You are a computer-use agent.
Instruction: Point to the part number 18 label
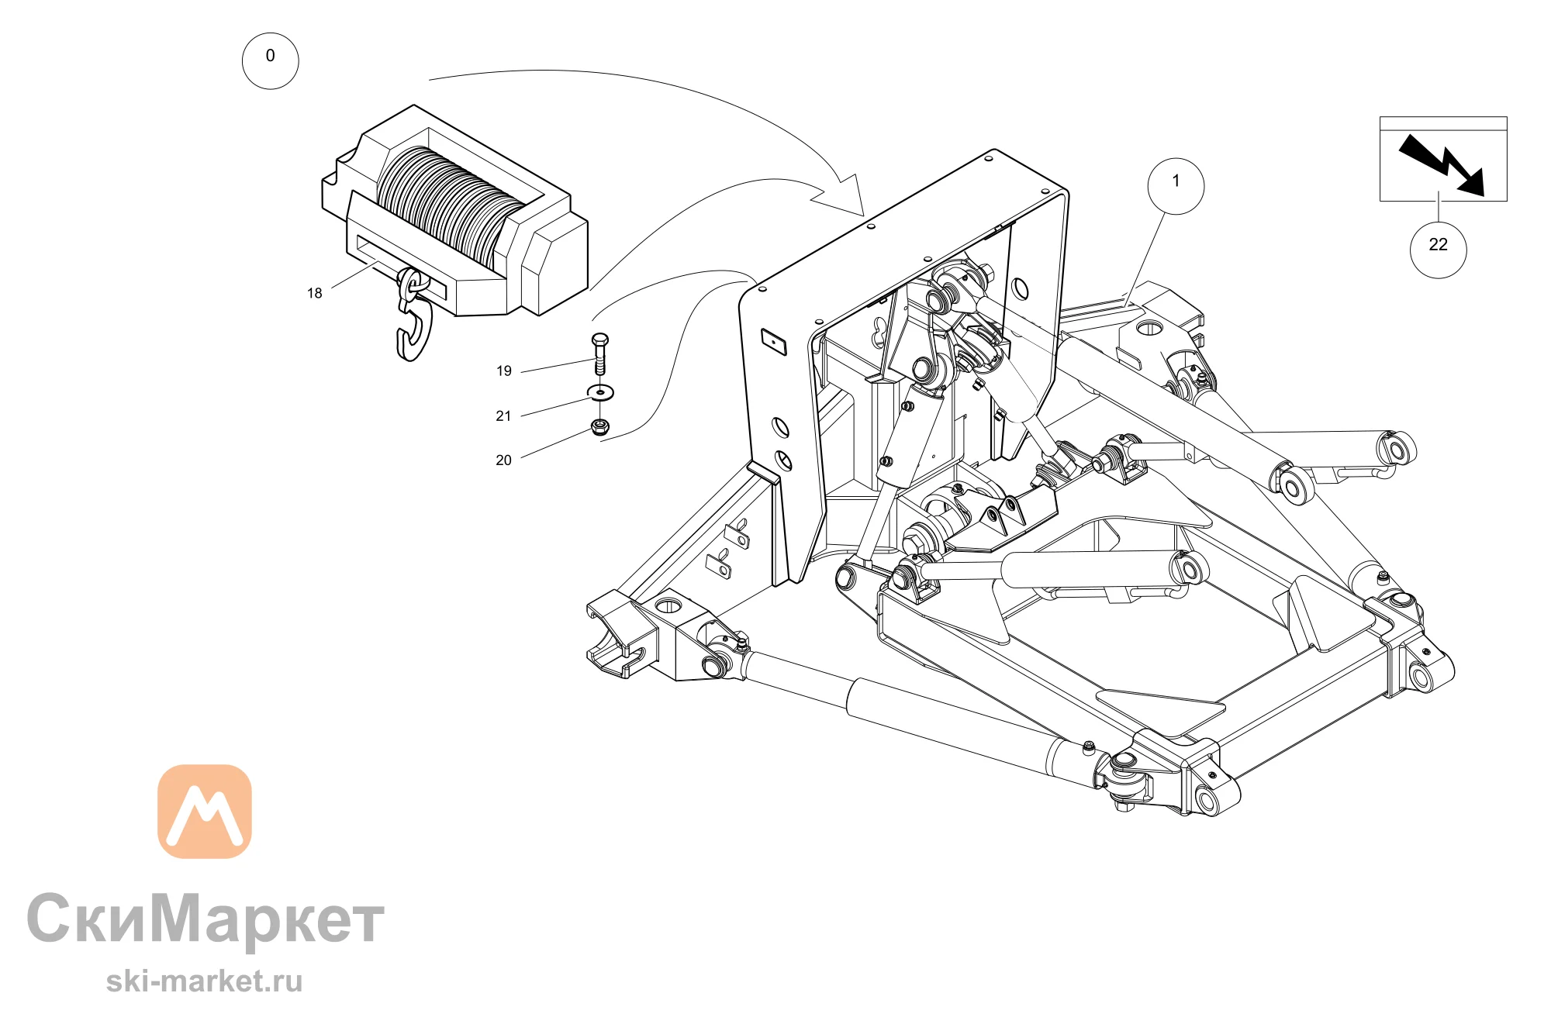point(314,293)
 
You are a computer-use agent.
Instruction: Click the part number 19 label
point(504,371)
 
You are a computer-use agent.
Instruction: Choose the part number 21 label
point(504,416)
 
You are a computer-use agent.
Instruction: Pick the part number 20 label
point(504,460)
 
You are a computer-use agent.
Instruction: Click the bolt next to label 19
point(599,353)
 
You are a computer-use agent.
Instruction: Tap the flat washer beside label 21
point(600,392)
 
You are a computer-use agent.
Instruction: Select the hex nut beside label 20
point(599,426)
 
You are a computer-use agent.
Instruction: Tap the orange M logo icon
point(205,812)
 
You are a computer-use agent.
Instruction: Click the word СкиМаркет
point(206,920)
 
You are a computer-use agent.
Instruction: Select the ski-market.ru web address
point(204,981)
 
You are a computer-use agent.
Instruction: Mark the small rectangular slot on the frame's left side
point(774,341)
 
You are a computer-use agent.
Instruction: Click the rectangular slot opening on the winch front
point(401,267)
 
